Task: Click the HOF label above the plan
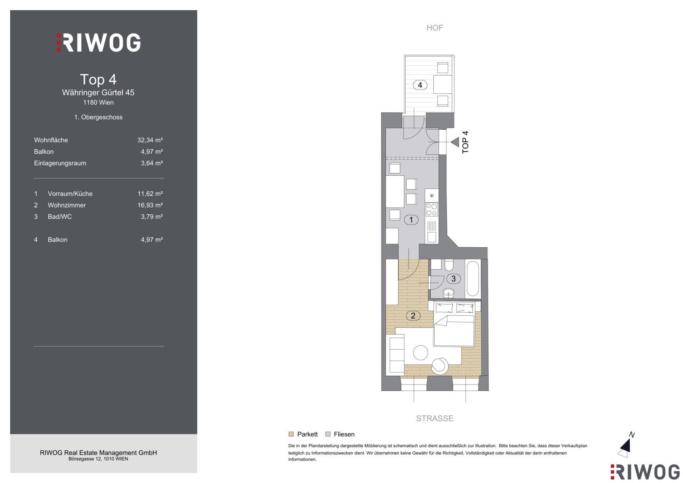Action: click(x=434, y=28)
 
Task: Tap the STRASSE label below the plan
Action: click(x=434, y=418)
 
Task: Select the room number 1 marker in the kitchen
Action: click(x=411, y=220)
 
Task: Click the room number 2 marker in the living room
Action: click(x=413, y=316)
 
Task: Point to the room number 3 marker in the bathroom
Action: click(x=454, y=278)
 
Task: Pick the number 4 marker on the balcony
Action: click(x=420, y=85)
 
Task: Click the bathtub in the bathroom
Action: click(x=473, y=278)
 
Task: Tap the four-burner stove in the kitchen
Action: click(x=432, y=209)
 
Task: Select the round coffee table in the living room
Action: click(x=421, y=353)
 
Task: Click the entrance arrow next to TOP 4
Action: click(x=455, y=142)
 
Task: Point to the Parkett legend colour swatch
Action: click(x=291, y=434)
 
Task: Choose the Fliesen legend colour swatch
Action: click(x=328, y=434)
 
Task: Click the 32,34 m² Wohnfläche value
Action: click(x=150, y=140)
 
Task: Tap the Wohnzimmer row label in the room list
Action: click(x=67, y=205)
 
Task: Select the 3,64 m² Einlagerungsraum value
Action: click(x=152, y=163)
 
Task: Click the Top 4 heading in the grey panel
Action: click(x=98, y=80)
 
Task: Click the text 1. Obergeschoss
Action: click(x=98, y=117)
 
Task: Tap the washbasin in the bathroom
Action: click(x=449, y=293)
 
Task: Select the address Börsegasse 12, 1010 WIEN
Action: click(x=98, y=459)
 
